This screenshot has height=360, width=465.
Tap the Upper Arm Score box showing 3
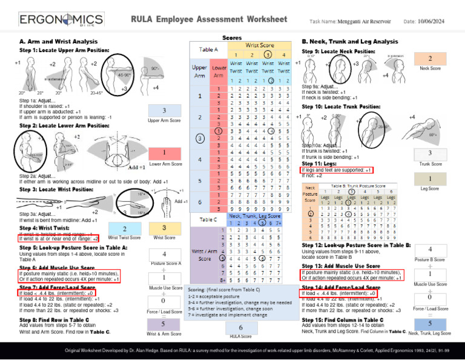(x=163, y=111)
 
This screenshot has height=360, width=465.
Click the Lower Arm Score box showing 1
(x=163, y=152)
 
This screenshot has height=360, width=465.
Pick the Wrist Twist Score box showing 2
(x=124, y=228)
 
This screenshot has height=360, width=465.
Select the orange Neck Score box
(x=430, y=59)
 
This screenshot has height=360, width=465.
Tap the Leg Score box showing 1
(x=430, y=179)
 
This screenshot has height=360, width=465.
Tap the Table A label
(x=208, y=50)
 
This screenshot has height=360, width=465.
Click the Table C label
(x=208, y=219)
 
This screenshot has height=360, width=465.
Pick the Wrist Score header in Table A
(x=259, y=45)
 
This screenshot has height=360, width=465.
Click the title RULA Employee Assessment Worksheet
(x=209, y=19)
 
